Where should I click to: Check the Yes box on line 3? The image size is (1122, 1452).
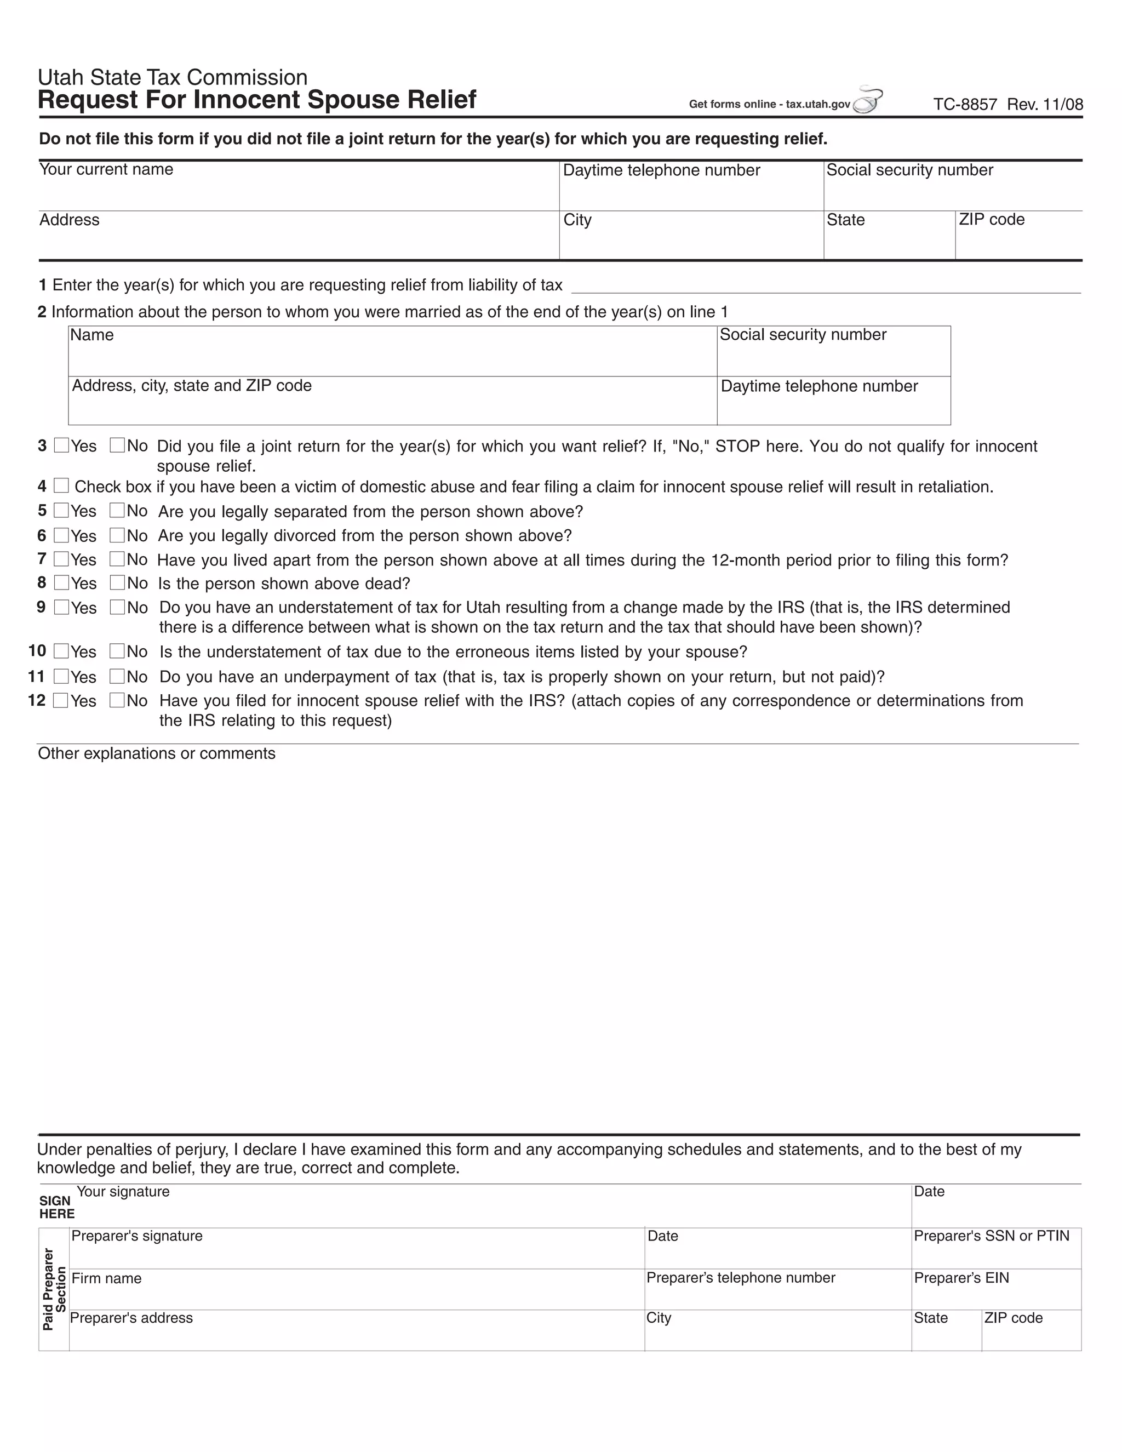61,445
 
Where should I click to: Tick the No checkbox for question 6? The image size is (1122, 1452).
117,535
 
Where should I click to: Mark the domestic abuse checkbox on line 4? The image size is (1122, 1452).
61,486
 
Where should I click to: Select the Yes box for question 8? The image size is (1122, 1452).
61,583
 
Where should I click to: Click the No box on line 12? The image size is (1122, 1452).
117,700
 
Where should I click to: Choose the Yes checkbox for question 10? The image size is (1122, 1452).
61,651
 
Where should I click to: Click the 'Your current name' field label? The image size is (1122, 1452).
106,169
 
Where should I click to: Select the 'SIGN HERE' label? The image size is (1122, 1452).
56,1207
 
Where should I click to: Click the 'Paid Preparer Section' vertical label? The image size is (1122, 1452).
54,1289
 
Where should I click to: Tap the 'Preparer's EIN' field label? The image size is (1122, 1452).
960,1278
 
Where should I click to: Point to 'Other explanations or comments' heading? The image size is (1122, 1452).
156,753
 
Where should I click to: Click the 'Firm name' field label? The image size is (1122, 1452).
106,1278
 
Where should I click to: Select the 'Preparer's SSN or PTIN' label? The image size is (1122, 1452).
991,1236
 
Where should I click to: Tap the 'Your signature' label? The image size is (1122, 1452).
123,1191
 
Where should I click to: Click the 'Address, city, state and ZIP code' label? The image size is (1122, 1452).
191,386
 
